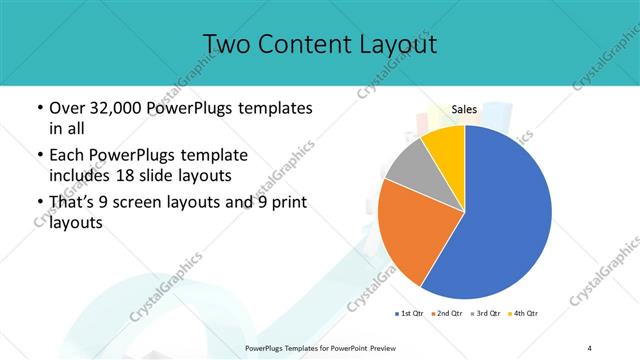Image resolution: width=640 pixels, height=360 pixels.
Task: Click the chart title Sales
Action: pyautogui.click(x=464, y=110)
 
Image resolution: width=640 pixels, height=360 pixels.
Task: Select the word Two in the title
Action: pyautogui.click(x=226, y=45)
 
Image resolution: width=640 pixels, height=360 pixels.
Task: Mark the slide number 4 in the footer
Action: pyautogui.click(x=590, y=347)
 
